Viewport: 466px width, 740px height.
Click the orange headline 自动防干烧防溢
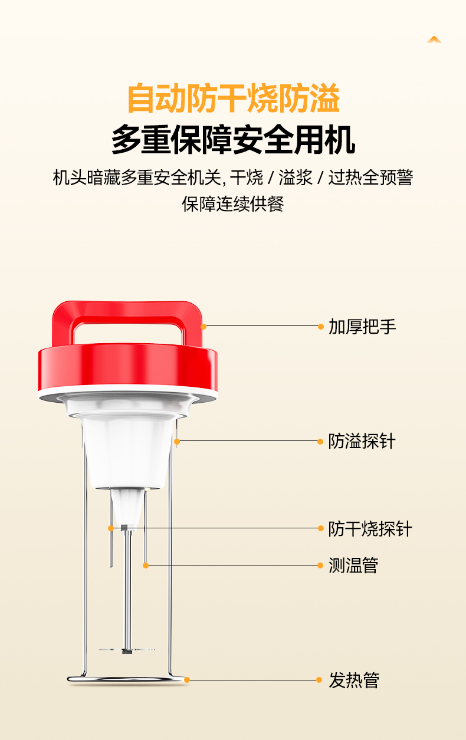tap(234, 98)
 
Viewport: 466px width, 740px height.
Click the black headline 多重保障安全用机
tap(234, 140)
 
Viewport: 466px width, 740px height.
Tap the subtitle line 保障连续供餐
tap(233, 203)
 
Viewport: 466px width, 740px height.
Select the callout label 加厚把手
tap(362, 327)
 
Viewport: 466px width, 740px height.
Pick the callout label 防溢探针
tap(362, 441)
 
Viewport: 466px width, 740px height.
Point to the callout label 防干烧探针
tap(370, 529)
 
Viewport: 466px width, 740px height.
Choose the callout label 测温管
tap(353, 565)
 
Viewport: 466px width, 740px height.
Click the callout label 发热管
tap(354, 680)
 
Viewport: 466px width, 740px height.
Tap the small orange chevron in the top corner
tap(434, 40)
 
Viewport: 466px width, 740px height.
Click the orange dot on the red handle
tap(204, 327)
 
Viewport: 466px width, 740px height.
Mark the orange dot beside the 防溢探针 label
tap(320, 442)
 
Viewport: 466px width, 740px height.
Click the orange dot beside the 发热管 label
tap(319, 680)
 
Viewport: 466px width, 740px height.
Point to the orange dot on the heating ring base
tap(187, 680)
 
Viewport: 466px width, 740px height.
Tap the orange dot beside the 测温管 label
tap(320, 565)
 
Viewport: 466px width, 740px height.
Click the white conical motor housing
tap(127, 453)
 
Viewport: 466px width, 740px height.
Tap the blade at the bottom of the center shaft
tap(127, 650)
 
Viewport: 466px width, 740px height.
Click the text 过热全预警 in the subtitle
tap(370, 177)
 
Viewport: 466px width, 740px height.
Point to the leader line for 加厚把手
tap(262, 326)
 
